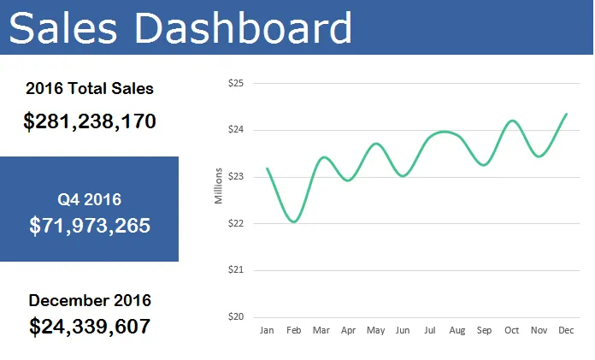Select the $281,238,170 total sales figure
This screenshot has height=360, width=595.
(x=90, y=121)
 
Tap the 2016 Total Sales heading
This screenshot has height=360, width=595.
(x=90, y=88)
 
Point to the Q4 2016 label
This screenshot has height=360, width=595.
(x=90, y=199)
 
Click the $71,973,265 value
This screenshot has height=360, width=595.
(x=90, y=226)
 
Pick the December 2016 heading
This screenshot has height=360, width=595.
(x=90, y=300)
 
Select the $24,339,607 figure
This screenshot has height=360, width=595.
(x=90, y=326)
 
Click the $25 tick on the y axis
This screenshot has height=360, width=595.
(x=237, y=84)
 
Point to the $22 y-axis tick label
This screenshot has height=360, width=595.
(x=237, y=223)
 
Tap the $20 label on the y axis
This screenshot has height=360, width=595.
(x=237, y=316)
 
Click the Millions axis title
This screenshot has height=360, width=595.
(x=218, y=186)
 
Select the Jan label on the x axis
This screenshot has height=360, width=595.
(x=267, y=330)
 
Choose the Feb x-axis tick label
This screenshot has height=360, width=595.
(x=294, y=330)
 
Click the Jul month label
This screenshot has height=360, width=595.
(x=430, y=330)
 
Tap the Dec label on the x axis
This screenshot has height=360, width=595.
(x=565, y=330)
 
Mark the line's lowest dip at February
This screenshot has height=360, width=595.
(x=294, y=222)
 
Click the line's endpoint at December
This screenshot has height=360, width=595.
(x=566, y=114)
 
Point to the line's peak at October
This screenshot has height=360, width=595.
(x=512, y=121)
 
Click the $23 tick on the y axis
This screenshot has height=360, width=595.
(x=237, y=177)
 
